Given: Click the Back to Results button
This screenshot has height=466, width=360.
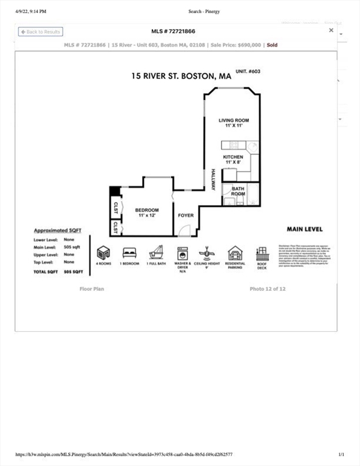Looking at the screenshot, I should [x=41, y=32].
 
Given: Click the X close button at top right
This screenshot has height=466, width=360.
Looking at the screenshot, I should [x=331, y=30].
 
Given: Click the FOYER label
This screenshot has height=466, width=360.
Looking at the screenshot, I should [x=185, y=215].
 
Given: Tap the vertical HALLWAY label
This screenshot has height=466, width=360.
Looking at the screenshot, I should [x=213, y=180].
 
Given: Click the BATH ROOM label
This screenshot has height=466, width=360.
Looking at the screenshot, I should [x=238, y=191].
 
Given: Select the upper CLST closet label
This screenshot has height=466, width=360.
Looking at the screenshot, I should [x=115, y=208].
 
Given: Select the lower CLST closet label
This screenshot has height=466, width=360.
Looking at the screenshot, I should [x=115, y=228].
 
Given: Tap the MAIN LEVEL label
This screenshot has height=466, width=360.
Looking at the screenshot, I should [x=304, y=229].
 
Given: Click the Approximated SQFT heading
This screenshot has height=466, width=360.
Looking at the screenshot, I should [x=58, y=231].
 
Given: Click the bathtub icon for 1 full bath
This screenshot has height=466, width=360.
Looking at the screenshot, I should [x=156, y=252].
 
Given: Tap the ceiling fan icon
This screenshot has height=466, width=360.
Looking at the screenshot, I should [x=208, y=252].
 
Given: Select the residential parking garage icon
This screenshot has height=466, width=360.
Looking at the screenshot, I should [x=235, y=252].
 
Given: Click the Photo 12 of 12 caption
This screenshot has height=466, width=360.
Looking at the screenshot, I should [x=267, y=289].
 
